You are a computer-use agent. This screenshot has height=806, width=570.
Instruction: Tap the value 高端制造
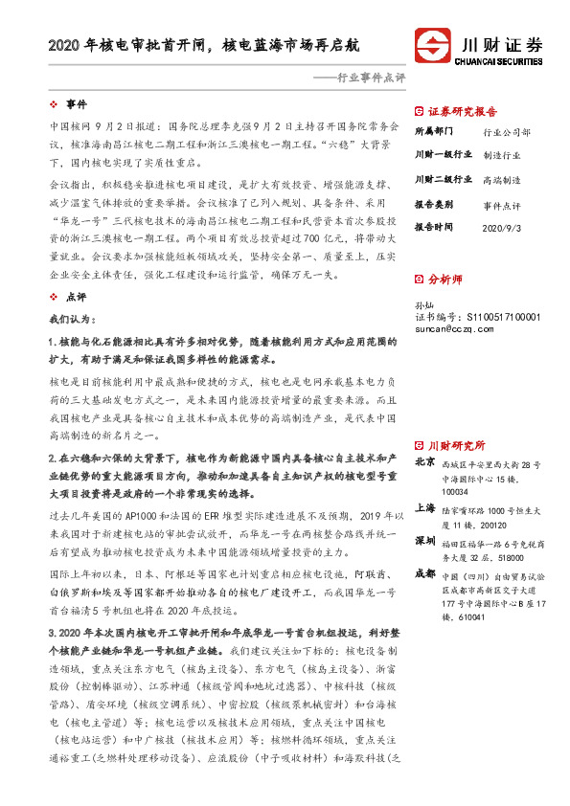[502, 179]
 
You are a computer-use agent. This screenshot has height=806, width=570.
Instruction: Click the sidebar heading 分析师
[444, 280]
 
